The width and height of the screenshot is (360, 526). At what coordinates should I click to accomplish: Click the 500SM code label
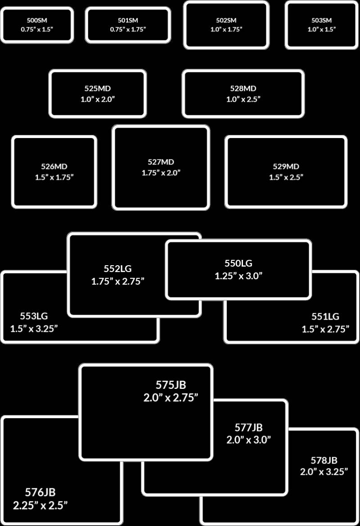(36, 21)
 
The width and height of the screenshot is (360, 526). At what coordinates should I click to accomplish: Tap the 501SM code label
(128, 21)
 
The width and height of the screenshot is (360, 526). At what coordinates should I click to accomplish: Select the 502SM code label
(226, 21)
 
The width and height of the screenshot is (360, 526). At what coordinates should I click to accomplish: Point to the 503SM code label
(321, 21)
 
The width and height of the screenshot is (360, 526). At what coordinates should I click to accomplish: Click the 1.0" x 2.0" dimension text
(98, 99)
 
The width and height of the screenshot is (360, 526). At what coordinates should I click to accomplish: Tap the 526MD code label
(54, 166)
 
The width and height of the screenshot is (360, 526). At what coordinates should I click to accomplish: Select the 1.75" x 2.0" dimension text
(161, 172)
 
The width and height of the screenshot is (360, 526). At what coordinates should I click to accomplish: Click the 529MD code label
(286, 167)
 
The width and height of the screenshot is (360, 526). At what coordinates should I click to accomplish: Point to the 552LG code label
(117, 269)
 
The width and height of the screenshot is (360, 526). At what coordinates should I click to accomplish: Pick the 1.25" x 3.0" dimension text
(238, 276)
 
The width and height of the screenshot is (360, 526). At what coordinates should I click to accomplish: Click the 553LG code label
(34, 316)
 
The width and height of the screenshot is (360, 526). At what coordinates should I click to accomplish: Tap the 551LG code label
(325, 316)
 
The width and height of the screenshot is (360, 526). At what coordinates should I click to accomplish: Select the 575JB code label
(171, 385)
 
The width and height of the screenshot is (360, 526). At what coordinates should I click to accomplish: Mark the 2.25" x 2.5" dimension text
(40, 505)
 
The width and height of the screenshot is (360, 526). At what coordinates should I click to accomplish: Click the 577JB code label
(248, 427)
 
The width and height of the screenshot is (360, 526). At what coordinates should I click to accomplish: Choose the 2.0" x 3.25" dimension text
(324, 472)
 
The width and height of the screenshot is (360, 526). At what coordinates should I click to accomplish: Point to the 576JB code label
(40, 492)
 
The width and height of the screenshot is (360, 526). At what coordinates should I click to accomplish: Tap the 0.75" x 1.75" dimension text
(128, 29)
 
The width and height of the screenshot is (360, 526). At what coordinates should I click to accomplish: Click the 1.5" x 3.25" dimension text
(34, 329)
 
